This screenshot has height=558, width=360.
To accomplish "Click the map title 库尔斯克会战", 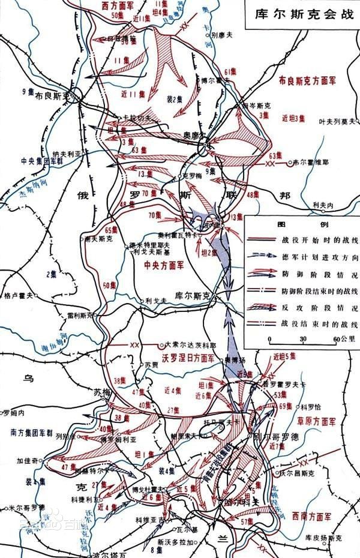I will click(302, 13).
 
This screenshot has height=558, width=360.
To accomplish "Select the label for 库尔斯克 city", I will click(190, 295).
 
